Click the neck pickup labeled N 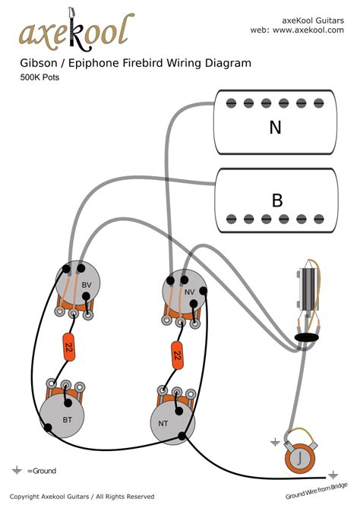coord(275,127)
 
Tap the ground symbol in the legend coord(17,471)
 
